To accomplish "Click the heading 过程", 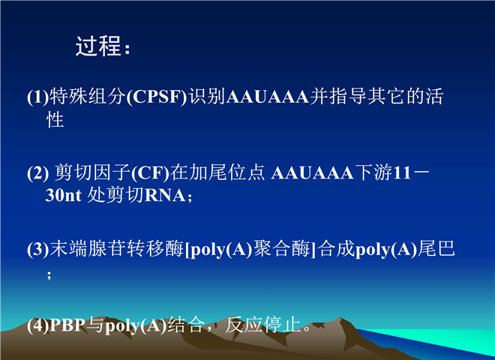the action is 98,46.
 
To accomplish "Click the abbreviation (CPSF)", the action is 157,97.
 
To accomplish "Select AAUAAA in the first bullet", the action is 268,97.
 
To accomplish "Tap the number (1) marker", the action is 38,97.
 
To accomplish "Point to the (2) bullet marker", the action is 38,172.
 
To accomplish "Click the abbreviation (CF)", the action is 150,172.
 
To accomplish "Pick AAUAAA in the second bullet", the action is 312,172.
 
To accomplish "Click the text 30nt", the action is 64,195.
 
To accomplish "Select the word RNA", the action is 165,195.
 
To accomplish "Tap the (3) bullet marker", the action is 38,249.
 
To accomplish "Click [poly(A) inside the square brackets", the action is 218,249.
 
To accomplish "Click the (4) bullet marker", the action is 38,325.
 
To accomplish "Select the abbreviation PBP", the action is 67,325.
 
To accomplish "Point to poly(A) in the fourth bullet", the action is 136,325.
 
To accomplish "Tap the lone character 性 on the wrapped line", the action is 55,120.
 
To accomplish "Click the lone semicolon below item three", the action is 49,274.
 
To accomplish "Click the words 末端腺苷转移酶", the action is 117,248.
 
